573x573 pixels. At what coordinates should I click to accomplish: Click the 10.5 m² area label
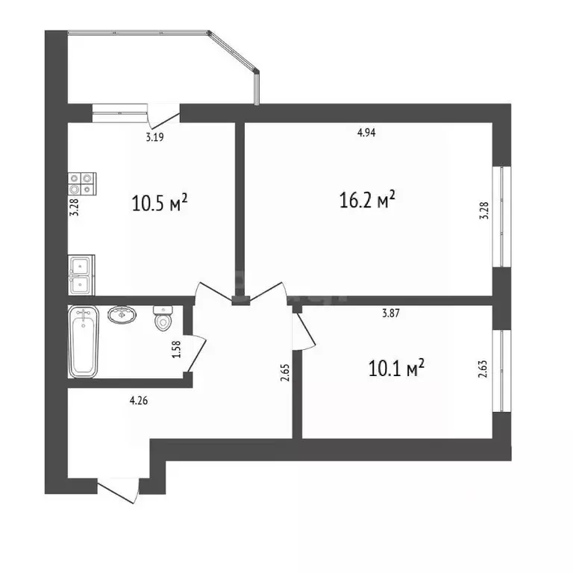(160, 202)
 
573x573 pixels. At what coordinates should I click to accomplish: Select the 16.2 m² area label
(367, 199)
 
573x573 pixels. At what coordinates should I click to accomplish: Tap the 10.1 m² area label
(396, 368)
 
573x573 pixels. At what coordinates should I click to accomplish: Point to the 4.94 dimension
(366, 132)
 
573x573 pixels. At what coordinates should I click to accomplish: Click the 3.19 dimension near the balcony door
(154, 137)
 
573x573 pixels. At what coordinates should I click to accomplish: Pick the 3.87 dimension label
(391, 313)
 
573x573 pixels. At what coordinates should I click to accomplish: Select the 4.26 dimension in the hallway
(139, 401)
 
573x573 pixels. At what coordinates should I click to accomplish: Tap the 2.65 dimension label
(285, 373)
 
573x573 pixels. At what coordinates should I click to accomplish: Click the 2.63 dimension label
(483, 369)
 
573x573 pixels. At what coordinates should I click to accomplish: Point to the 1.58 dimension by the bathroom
(177, 349)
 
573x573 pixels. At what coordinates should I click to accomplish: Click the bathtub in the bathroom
(84, 342)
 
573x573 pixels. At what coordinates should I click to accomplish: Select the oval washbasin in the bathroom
(122, 314)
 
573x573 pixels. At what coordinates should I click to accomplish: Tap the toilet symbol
(163, 319)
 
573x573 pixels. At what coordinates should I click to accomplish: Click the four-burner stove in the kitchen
(82, 184)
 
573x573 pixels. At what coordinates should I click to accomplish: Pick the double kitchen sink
(81, 275)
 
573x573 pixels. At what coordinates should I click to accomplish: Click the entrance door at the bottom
(119, 490)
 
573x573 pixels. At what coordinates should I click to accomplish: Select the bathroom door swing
(195, 353)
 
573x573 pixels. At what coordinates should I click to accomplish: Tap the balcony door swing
(163, 115)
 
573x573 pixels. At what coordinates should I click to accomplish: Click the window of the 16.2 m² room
(501, 217)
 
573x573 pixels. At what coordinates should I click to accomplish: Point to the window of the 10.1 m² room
(501, 371)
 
